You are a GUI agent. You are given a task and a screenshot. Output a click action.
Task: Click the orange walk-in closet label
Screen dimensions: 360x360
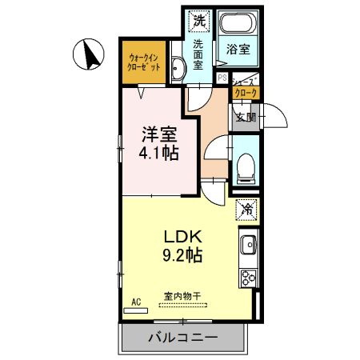point(144,62)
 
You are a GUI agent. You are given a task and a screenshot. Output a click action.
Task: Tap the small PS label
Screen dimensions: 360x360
point(222,78)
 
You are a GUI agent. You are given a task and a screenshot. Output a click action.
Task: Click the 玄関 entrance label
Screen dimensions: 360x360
point(246,117)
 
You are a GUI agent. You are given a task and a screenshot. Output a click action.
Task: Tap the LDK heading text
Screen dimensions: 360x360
point(182,238)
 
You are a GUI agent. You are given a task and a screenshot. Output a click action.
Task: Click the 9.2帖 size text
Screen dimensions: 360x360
point(182,257)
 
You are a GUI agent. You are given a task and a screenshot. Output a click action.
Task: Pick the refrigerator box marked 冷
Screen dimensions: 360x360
point(246,210)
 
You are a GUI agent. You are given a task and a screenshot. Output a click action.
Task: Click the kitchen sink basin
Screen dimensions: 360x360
point(247,244)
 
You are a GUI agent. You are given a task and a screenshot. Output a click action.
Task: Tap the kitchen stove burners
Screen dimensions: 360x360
point(247,278)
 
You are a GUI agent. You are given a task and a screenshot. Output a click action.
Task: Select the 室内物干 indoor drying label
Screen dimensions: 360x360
point(183,296)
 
